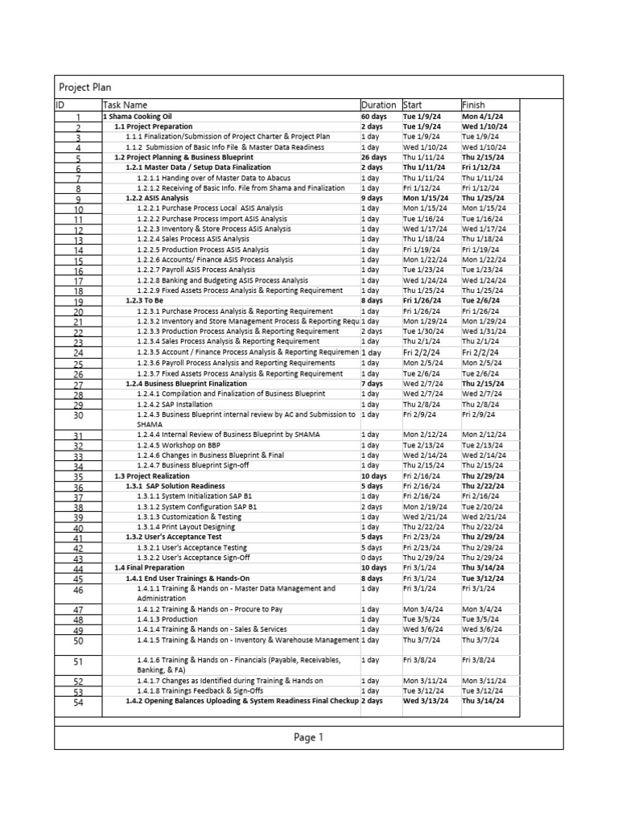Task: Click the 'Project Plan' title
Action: [85, 87]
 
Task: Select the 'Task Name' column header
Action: [125, 105]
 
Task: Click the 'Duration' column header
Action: [378, 105]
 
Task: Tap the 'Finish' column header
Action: [474, 105]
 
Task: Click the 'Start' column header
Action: [412, 105]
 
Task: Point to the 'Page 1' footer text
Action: [308, 736]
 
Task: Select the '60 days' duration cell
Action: [374, 117]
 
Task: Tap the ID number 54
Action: [78, 702]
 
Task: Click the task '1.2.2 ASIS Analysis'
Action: [157, 198]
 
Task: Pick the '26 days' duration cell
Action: [374, 158]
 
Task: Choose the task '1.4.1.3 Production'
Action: [167, 620]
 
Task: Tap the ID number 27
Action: [78, 385]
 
